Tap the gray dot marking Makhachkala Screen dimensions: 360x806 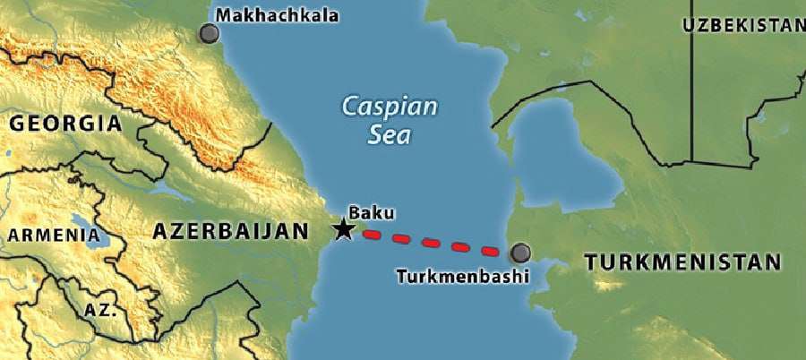(210, 34)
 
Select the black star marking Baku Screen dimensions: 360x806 (342, 229)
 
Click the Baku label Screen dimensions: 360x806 (371, 212)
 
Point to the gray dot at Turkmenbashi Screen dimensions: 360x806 (519, 252)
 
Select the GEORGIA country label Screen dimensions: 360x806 (64, 123)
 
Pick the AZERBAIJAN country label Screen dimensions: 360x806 (230, 231)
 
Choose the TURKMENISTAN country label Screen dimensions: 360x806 (682, 262)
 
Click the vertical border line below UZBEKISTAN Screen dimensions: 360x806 (691, 99)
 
